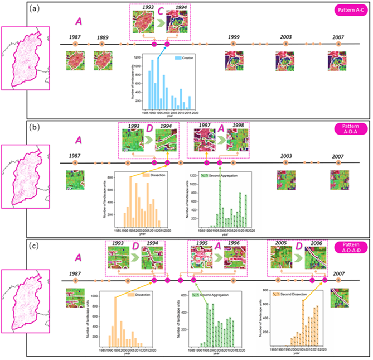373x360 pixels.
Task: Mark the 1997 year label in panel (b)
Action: point(200,127)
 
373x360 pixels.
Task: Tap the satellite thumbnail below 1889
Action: point(103,60)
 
